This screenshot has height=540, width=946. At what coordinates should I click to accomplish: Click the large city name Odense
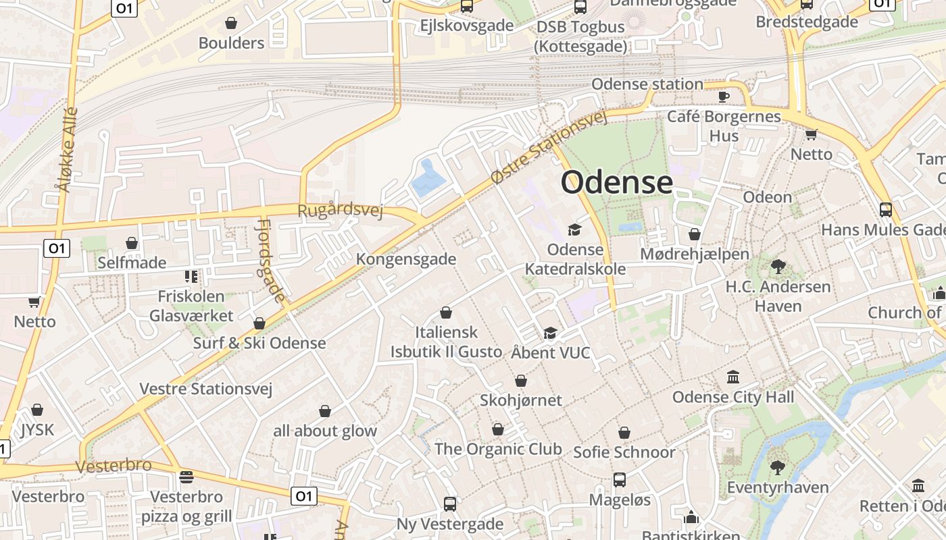617,182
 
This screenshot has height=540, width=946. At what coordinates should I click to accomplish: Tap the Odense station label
647,84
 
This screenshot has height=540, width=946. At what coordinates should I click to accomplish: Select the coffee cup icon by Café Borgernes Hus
724,97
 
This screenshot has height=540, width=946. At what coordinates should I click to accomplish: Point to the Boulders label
231,43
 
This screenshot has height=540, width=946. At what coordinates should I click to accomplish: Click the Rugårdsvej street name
340,210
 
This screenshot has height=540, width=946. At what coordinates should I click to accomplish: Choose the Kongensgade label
406,259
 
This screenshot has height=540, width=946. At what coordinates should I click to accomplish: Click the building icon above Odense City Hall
733,377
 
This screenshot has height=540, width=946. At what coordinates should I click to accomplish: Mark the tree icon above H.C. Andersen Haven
778,267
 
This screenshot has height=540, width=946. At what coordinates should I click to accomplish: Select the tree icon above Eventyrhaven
778,467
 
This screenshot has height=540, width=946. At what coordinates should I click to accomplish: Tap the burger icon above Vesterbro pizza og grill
186,477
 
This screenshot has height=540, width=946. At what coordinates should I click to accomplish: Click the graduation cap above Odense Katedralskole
574,230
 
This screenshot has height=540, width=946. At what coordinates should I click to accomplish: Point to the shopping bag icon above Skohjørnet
520,381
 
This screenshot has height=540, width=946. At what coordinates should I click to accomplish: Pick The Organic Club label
498,449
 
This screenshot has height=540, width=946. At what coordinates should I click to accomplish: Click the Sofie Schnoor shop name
624,452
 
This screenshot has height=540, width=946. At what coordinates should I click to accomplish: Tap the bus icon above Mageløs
620,480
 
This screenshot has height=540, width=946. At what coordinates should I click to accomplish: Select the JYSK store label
37,430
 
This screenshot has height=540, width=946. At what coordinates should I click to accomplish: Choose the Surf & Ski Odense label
259,343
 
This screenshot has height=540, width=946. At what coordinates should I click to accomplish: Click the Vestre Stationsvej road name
205,389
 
